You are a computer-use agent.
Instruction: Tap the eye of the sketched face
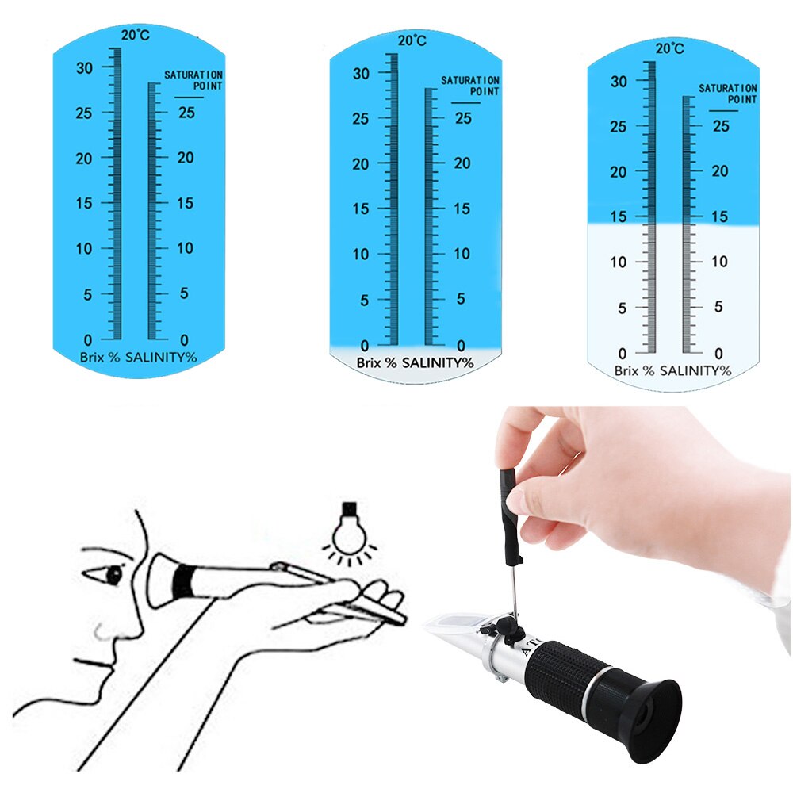point(116,574)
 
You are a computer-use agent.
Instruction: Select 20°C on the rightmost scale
point(670,49)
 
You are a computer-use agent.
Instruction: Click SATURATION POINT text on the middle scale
point(470,86)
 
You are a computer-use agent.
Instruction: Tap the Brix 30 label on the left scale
point(85,68)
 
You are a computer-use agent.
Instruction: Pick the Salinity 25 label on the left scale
point(186,113)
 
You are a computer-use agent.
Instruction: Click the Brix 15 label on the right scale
point(619,216)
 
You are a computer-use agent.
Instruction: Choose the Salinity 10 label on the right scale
point(719,262)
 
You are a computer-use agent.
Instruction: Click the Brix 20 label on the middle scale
point(361,164)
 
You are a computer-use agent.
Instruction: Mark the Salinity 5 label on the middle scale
point(461,300)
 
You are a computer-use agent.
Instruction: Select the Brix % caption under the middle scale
point(376,362)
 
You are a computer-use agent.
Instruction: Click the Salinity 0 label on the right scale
point(718,353)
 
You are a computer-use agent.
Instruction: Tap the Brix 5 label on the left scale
point(89,294)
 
